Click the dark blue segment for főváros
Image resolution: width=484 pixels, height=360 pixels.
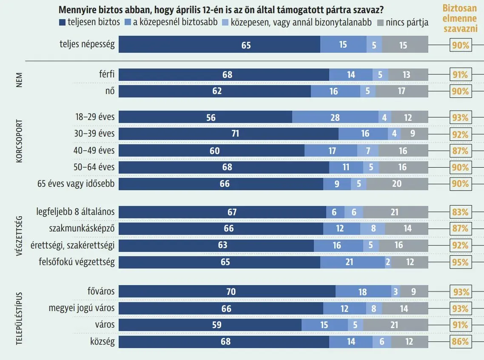pyautogui.click(x=227, y=292)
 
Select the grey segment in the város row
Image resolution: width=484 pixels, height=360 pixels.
pyautogui.click(x=396, y=325)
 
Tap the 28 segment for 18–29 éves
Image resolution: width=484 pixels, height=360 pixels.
pyautogui.click(x=335, y=117)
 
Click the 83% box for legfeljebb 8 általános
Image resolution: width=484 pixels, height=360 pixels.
pyautogui.click(x=460, y=212)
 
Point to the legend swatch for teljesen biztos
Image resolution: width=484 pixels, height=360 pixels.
pyautogui.click(x=62, y=23)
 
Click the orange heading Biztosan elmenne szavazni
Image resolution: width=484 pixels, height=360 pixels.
pyautogui.click(x=460, y=19)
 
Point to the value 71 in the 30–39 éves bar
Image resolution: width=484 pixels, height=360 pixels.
pyautogui.click(x=235, y=134)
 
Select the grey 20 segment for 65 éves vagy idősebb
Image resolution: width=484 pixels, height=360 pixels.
pyautogui.click(x=397, y=184)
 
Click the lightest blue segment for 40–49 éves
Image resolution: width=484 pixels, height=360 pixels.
pyautogui.click(x=367, y=151)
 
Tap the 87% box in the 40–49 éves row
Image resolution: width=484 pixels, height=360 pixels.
pyautogui.click(x=460, y=151)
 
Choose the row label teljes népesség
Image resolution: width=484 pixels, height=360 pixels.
pyautogui.click(x=87, y=44)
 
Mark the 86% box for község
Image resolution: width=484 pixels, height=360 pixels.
pyautogui.click(x=460, y=341)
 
